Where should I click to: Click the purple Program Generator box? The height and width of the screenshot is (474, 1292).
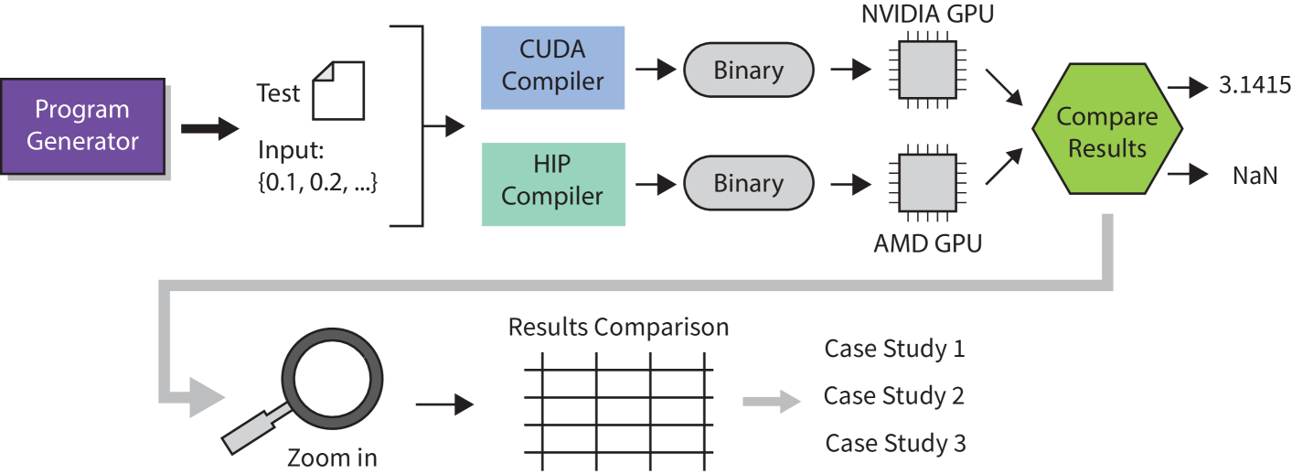coord(82,126)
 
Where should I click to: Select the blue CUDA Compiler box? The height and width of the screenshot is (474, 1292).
coord(553,68)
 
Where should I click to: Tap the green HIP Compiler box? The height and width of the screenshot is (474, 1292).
coord(553,184)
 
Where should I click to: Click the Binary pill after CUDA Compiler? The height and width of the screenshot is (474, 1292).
coord(748,70)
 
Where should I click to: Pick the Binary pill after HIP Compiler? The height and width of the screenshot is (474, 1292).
coord(748,183)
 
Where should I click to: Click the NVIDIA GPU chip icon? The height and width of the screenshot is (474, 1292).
coord(927,70)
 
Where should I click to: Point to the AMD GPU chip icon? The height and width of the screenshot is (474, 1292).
coord(927,183)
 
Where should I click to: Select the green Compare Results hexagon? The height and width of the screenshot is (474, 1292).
coord(1106,132)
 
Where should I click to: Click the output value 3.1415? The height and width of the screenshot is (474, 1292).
coord(1254,85)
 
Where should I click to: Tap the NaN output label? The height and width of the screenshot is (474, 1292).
coord(1254,175)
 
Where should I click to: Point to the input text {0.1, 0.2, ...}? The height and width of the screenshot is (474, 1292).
coord(317,181)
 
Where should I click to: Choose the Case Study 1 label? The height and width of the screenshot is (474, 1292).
coord(894,349)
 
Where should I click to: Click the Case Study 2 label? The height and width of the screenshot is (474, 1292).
coord(894,396)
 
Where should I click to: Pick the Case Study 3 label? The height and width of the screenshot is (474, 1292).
coord(894,444)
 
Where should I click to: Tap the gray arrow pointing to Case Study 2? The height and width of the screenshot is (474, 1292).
coord(772,400)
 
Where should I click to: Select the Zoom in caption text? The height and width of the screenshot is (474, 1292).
coord(332,458)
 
